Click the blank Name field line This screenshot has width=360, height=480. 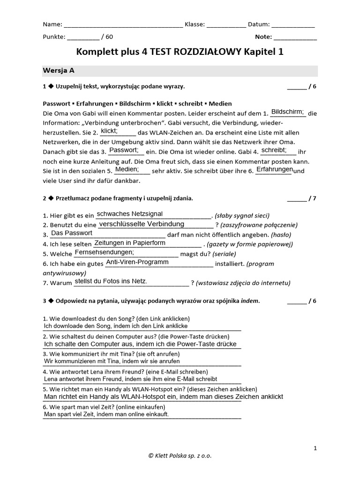point(123,25)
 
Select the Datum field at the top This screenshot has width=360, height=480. point(293,25)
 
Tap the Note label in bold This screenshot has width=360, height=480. point(263,37)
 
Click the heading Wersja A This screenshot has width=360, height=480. point(59,70)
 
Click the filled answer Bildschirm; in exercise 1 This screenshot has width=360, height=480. point(288,112)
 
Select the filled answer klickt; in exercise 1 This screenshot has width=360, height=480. point(109,131)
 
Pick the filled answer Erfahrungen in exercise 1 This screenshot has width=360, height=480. point(274,169)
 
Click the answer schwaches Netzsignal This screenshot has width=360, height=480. point(129,214)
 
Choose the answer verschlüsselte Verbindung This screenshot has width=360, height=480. point(142,224)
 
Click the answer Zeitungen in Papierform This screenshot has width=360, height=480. point(130,243)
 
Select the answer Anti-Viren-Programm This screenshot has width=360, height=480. point(137,262)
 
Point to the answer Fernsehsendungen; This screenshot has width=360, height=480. point(105,252)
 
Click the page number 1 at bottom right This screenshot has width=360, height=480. point(315,448)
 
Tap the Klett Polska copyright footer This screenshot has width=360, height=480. point(180,455)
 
